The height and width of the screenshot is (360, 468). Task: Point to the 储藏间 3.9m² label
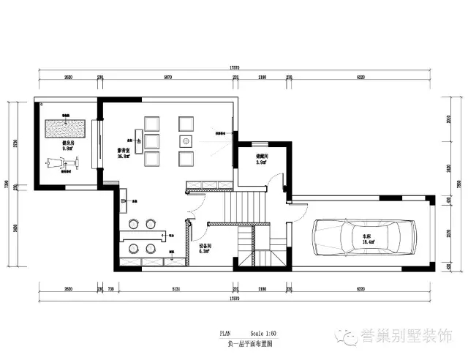pyautogui.click(x=260, y=160)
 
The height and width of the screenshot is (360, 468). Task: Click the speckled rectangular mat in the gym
pyautogui.click(x=67, y=129)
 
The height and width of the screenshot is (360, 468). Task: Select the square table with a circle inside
pyautogui.click(x=186, y=140)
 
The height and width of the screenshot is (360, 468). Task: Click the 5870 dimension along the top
pyautogui.click(x=167, y=76)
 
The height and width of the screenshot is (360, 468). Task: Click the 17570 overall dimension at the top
pyautogui.click(x=234, y=68)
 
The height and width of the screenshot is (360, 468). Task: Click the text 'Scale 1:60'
pyautogui.click(x=263, y=333)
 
